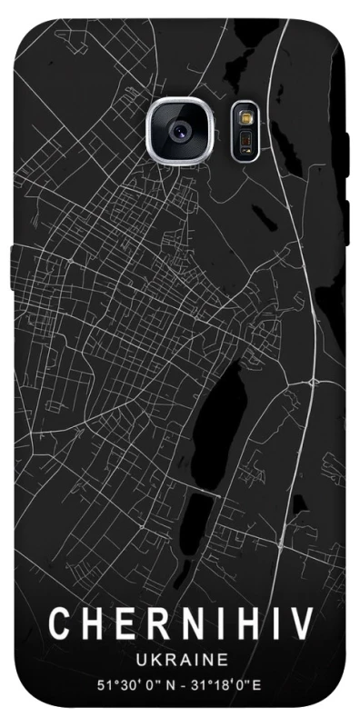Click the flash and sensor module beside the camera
click(245, 130)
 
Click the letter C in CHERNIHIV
click(57, 624)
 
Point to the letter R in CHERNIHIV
click(145, 624)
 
